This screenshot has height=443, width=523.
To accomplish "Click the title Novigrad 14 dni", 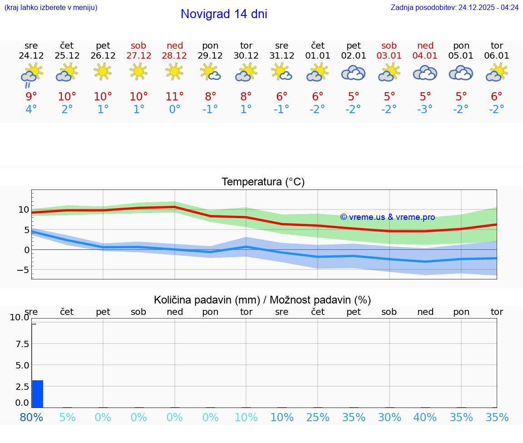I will click(x=224, y=14).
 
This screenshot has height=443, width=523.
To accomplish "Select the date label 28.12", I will click(x=175, y=56).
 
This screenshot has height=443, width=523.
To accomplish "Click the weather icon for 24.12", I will click(x=31, y=74).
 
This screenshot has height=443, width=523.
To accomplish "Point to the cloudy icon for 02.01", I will click(x=353, y=73).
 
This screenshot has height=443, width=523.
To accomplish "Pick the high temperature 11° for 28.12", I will click(x=175, y=96).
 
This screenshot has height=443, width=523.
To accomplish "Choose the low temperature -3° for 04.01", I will click(x=425, y=110).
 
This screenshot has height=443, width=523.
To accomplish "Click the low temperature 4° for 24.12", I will click(x=31, y=110).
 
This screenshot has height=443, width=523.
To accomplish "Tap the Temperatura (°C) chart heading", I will click(x=263, y=182).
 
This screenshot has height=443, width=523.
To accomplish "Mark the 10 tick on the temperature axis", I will click(x=24, y=209).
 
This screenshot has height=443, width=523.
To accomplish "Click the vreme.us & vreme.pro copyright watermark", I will click(x=387, y=217).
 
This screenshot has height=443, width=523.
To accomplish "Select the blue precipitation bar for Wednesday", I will click(x=38, y=394).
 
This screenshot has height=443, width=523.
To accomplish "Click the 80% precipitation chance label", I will click(x=32, y=417).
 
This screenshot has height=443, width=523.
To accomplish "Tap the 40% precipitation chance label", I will click(x=425, y=417).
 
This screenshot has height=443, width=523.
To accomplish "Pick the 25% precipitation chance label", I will click(x=318, y=417).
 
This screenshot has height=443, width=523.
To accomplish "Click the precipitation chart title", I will click(x=262, y=300).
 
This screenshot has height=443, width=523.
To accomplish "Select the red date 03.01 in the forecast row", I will click(x=389, y=56).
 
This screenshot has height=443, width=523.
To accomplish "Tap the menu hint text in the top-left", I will click(x=51, y=8).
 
